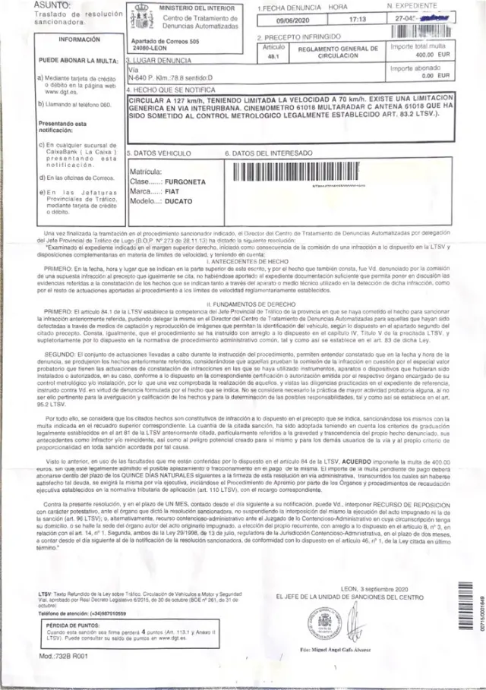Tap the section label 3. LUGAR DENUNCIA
click(x=157, y=58)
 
